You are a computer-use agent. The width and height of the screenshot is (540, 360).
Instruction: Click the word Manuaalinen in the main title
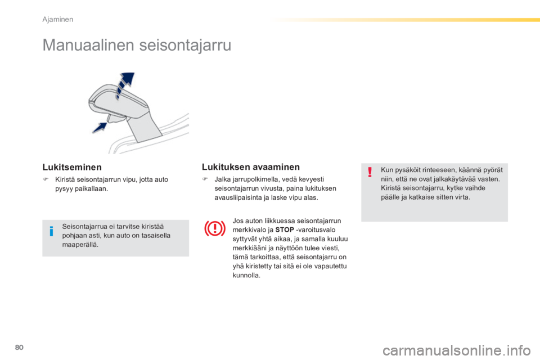pos(88,45)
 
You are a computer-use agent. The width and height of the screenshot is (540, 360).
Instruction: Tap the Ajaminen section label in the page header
pos(58,20)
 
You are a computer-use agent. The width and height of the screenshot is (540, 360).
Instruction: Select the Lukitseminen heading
pos(72,167)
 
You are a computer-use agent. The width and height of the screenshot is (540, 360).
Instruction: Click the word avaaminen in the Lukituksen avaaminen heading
pos(275,167)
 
